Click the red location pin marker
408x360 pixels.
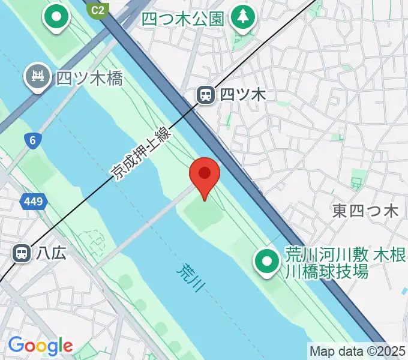tap(205, 175)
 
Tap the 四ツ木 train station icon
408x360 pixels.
tap(206, 94)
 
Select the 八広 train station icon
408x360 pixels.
tap(22, 253)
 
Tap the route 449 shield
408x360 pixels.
tap(34, 202)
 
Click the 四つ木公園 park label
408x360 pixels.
tap(183, 19)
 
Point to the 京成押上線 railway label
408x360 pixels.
tap(142, 153)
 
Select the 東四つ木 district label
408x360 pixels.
tap(365, 211)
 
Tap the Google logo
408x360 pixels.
tap(40, 346)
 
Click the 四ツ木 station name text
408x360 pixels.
tap(242, 94)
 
